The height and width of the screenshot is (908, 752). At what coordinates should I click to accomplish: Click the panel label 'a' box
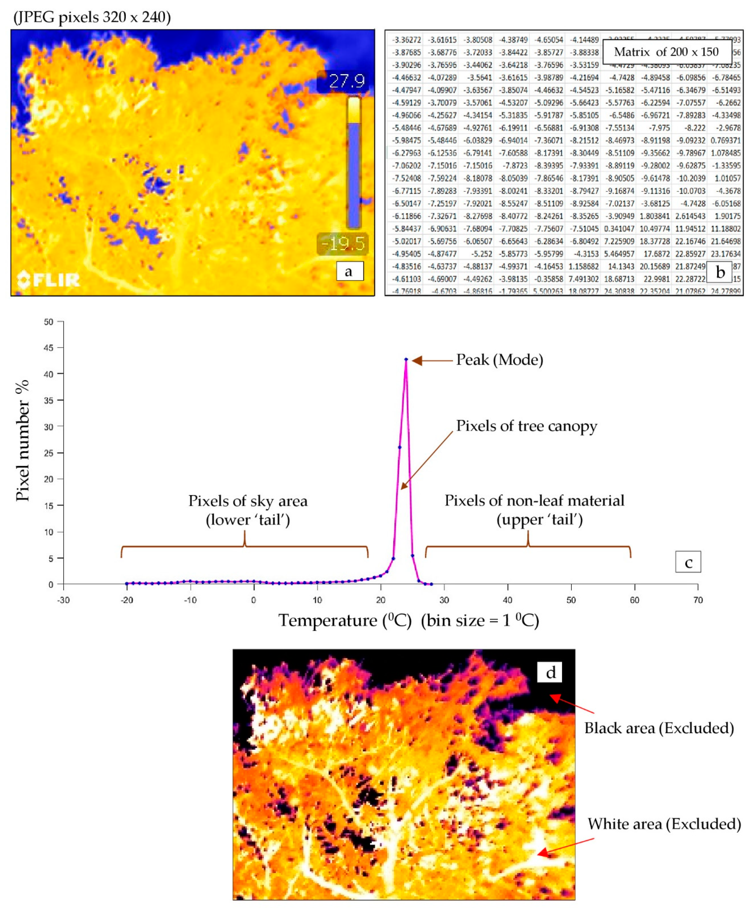[x=349, y=271]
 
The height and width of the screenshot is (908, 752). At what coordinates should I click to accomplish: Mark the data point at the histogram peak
[x=406, y=359]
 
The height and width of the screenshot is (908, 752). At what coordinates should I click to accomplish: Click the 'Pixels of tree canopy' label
[x=526, y=426]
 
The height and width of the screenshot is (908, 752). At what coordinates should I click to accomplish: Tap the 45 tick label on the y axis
[x=48, y=348]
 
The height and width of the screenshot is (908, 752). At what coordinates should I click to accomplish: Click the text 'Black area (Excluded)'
[x=659, y=728]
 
